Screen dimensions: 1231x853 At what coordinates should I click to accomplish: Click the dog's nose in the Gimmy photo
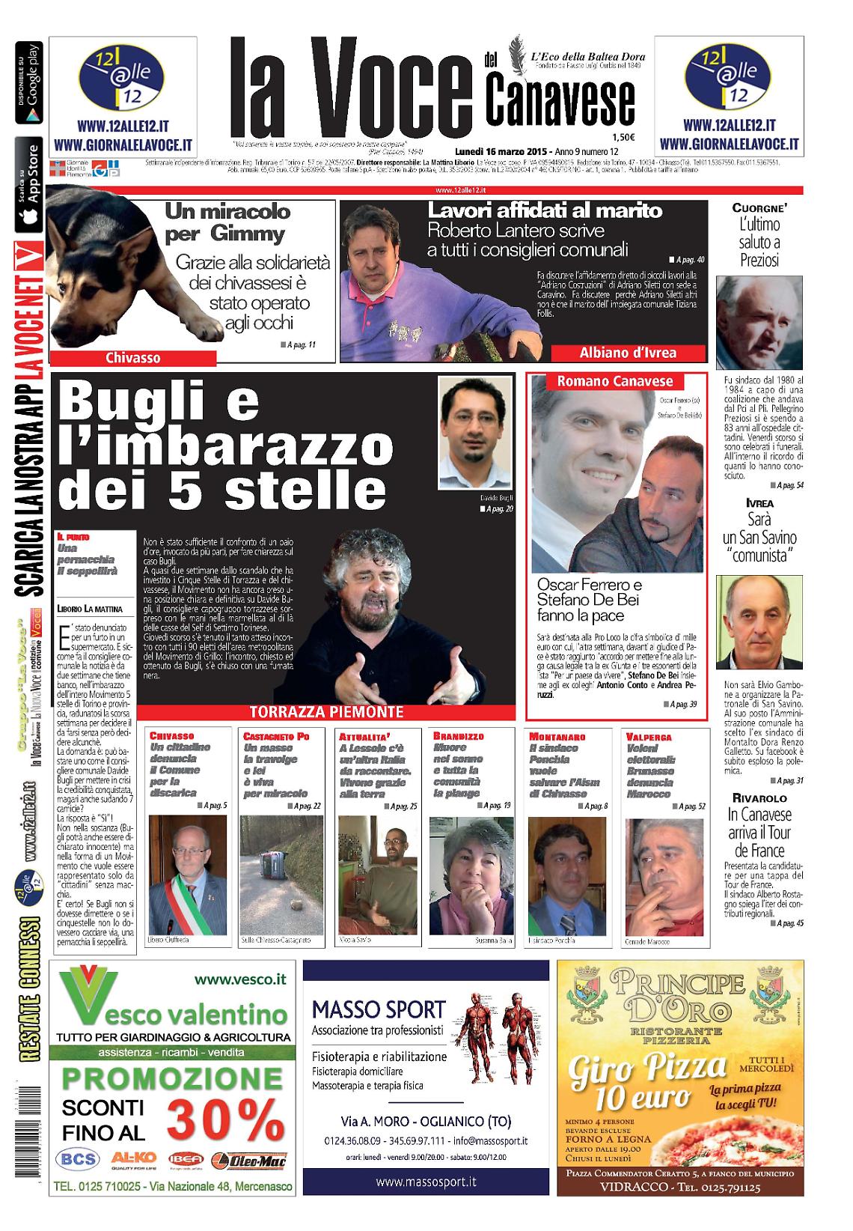(x=71, y=270)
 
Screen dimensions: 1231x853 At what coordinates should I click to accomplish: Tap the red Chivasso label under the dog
(x=132, y=358)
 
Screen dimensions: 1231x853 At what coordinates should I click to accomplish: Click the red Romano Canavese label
(x=614, y=381)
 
